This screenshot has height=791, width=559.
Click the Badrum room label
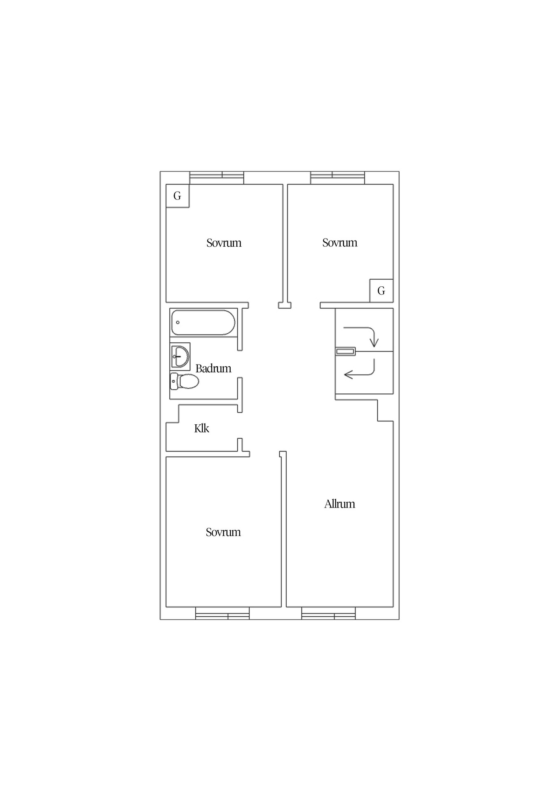click(213, 368)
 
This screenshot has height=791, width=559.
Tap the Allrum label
click(339, 504)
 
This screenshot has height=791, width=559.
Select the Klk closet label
click(201, 428)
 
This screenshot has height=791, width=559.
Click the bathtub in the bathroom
click(203, 322)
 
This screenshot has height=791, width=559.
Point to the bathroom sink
click(180, 356)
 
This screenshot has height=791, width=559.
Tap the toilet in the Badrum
click(185, 381)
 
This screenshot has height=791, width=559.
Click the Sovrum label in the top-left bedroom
click(224, 243)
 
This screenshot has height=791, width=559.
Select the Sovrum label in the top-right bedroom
click(340, 243)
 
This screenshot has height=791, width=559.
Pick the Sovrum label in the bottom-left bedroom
click(223, 532)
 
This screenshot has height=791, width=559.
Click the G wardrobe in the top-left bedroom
click(178, 196)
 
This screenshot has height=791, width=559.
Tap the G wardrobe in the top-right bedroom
click(381, 291)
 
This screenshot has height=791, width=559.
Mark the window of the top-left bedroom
click(217, 178)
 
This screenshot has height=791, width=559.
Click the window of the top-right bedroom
click(337, 178)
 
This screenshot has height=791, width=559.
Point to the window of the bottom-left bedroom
click(222, 613)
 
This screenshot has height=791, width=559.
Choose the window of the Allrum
click(328, 613)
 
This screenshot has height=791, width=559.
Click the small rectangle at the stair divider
click(345, 351)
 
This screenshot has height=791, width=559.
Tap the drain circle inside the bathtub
click(178, 322)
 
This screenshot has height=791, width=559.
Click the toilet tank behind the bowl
click(174, 381)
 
